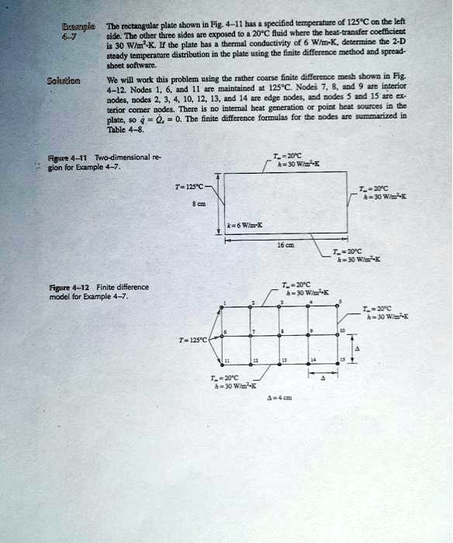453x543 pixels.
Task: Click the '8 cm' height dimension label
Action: (203, 205)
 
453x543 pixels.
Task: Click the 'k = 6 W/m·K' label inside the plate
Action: (245, 225)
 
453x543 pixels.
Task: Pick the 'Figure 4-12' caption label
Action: (46, 287)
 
